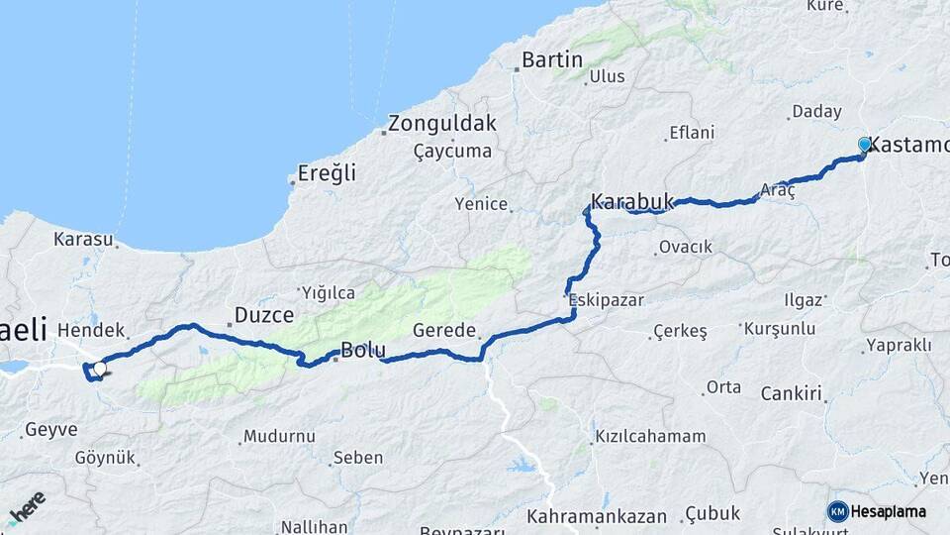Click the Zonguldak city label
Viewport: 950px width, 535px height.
pos(441,124)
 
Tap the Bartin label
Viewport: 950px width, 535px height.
pos(551,59)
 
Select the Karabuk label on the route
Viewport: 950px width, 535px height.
pos(631,202)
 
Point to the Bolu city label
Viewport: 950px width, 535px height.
pos(363,349)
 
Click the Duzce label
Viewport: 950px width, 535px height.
pos(263,315)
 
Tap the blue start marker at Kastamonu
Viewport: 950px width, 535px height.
pos(865,146)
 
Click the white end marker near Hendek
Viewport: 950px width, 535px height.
pos(99,369)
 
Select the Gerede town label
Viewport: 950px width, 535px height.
pos(444,330)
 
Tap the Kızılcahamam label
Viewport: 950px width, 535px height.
pos(650,436)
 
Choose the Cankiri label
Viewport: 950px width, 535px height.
pos(792,394)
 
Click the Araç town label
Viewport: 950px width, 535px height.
pos(779,189)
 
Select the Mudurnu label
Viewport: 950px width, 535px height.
pos(279,436)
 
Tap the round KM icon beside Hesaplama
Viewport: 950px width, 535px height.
pos(837,511)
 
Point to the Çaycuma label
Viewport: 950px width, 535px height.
pos(452,151)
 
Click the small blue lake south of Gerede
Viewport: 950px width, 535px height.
pos(520,465)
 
